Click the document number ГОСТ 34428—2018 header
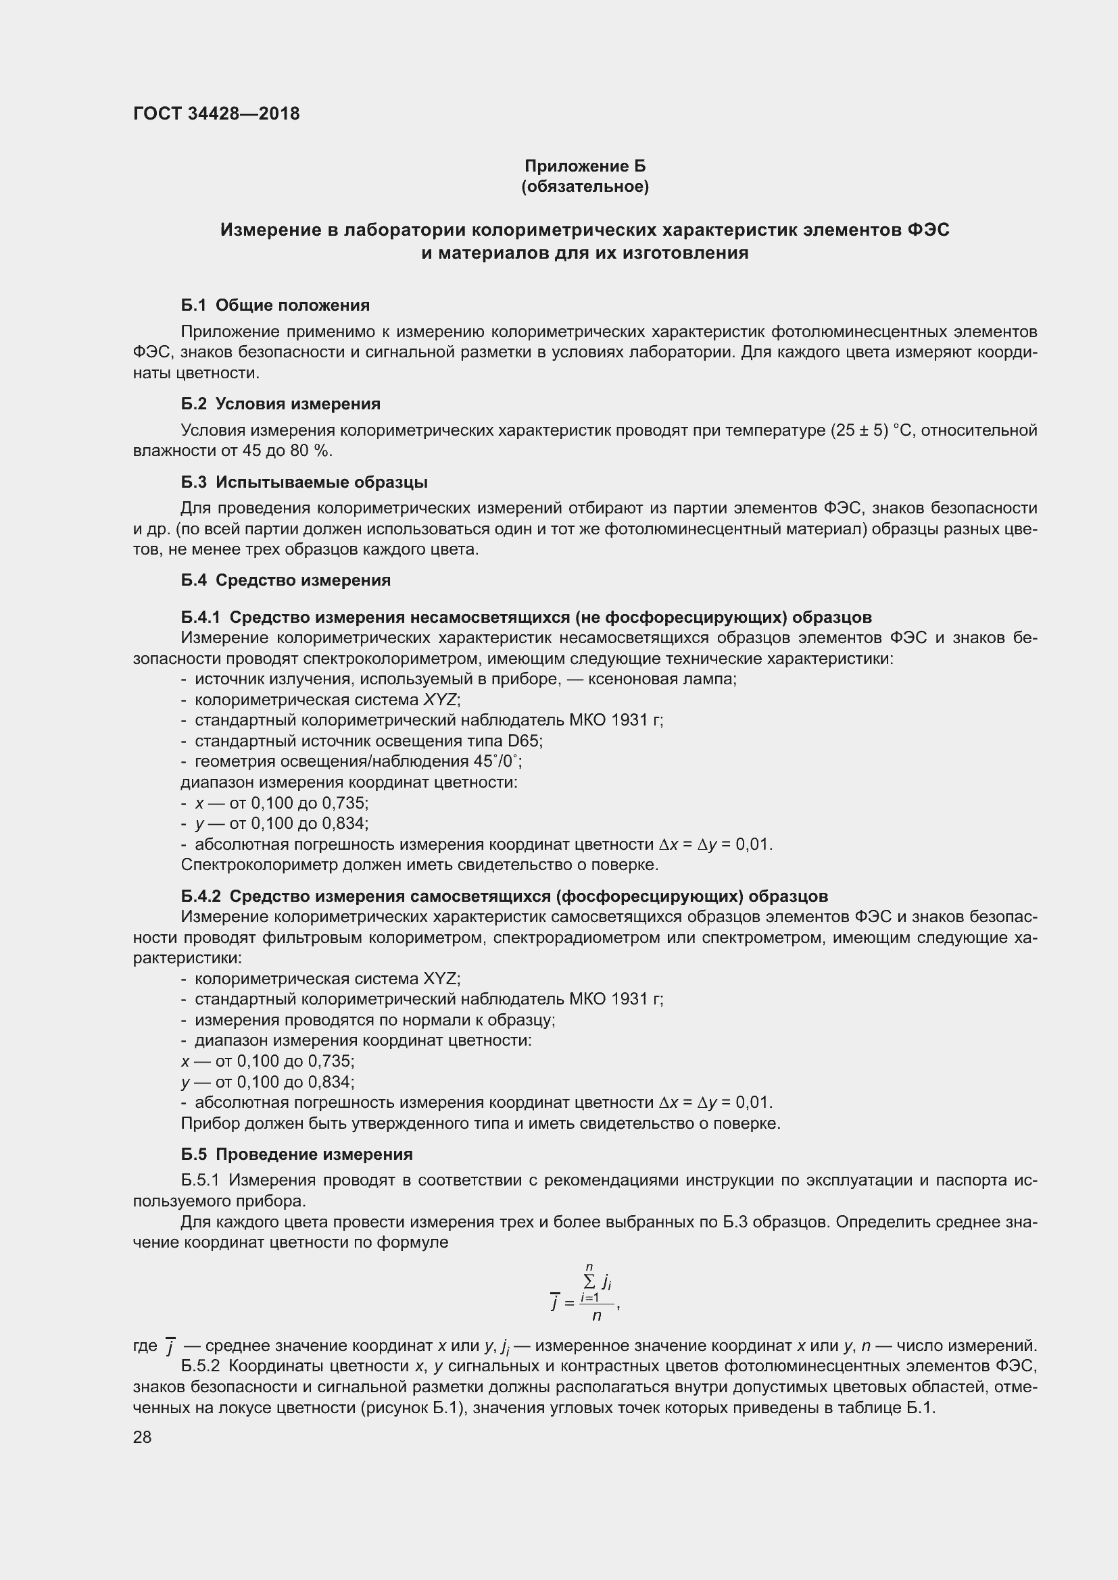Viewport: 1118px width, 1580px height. pos(216,113)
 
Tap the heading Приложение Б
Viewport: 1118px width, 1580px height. pos(585,166)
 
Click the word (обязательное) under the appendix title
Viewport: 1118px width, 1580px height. pos(585,186)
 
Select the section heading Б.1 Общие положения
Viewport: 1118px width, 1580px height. pos(275,305)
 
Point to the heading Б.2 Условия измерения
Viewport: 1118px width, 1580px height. pos(281,403)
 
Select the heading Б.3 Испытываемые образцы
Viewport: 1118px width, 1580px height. pos(304,482)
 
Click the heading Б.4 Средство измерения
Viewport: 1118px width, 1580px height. pos(286,580)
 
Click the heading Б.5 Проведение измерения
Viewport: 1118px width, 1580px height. pos(297,1154)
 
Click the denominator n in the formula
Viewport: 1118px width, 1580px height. pos(597,1315)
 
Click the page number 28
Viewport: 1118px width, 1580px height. pos(143,1437)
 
